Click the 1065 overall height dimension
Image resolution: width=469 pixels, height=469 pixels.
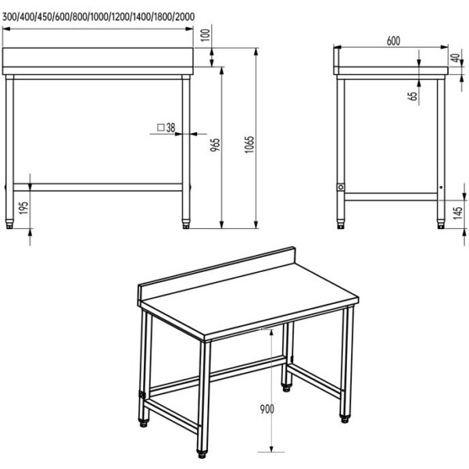[x=249, y=145]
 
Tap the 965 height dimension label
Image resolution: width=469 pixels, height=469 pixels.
[x=215, y=145]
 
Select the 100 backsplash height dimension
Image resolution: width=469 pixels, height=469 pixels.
[x=206, y=35]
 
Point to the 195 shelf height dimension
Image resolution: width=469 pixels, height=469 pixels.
[x=23, y=208]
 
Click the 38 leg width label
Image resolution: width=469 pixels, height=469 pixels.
[x=170, y=127]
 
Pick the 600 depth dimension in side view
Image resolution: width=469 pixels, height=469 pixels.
[x=393, y=41]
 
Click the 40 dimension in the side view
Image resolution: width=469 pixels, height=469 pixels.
[x=456, y=58]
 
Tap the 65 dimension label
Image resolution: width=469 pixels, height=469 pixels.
[x=414, y=96]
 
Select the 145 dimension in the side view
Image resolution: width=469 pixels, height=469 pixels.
[x=457, y=213]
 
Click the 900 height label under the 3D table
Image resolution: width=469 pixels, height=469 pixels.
[x=267, y=409]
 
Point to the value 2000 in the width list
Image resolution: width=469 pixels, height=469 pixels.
[x=184, y=16]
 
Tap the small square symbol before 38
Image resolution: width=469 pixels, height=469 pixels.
[x=161, y=127]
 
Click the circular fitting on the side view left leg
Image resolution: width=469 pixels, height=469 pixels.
[x=341, y=188]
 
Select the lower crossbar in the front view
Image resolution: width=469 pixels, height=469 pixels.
[x=98, y=188]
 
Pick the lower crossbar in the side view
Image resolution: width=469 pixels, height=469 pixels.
[x=391, y=197]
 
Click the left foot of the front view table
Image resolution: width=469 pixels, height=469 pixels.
[x=9, y=224]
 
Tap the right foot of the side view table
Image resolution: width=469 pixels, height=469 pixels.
[x=441, y=224]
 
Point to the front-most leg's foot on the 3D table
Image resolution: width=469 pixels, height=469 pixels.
[x=202, y=453]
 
